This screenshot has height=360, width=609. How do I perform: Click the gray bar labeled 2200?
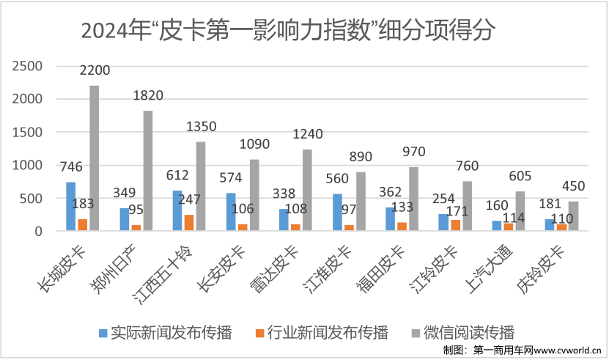tap(94, 158)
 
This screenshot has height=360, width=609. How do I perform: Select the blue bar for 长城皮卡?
tap(71, 207)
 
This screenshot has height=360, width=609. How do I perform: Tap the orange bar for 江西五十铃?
tap(188, 223)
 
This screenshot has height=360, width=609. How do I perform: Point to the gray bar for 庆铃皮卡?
tap(572, 216)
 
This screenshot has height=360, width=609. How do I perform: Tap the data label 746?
tap(70, 168)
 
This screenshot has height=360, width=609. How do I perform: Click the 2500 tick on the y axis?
tap(29, 66)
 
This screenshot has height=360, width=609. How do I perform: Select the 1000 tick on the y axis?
tap(29, 166)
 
